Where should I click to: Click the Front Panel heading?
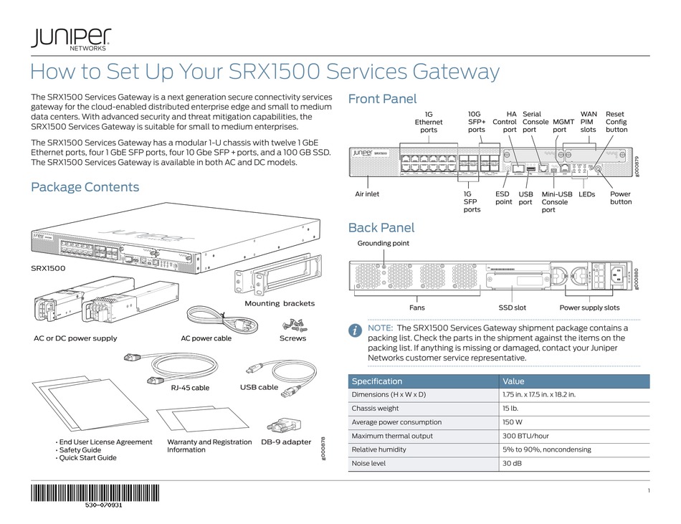(x=381, y=99)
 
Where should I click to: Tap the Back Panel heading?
(x=381, y=228)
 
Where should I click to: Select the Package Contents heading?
(x=85, y=187)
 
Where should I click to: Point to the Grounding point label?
(x=384, y=244)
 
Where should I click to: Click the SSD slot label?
(x=513, y=308)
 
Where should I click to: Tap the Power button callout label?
(x=620, y=198)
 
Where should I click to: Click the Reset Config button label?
(x=616, y=122)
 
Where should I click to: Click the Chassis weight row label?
(x=375, y=409)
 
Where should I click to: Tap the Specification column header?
(x=377, y=381)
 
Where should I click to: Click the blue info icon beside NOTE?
(x=355, y=330)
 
